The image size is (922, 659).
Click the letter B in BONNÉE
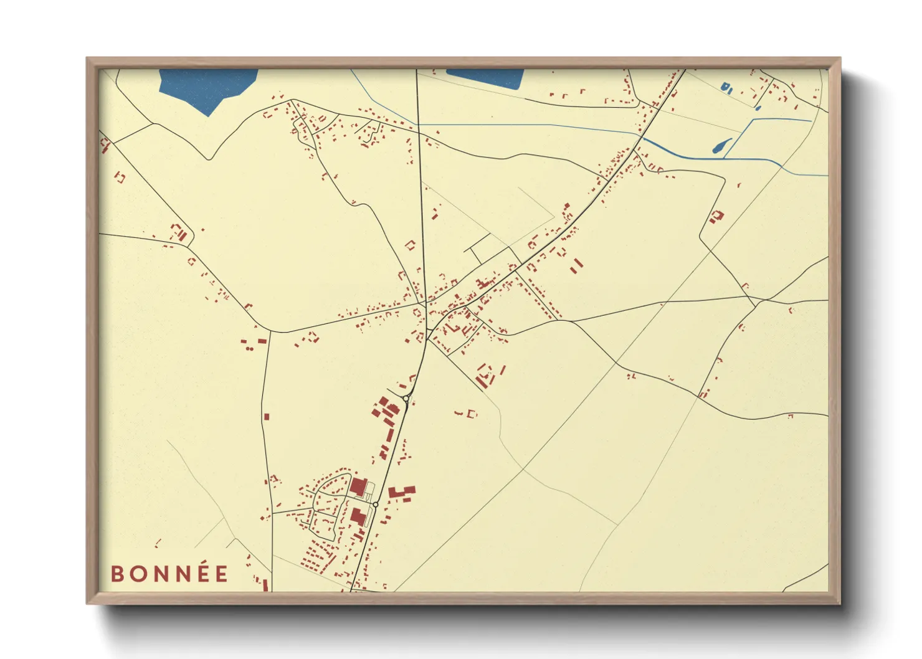(116, 574)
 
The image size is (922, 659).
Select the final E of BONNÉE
(222, 574)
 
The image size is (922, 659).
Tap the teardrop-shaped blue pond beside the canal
(720, 146)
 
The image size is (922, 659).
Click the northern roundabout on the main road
(406, 398)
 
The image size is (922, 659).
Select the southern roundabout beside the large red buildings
(376, 505)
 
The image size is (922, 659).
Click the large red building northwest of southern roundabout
(357, 486)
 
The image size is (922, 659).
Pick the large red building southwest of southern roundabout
(358, 516)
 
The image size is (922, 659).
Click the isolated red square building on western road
(267, 416)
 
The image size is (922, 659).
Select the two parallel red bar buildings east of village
(577, 264)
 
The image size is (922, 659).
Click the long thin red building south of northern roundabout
(390, 434)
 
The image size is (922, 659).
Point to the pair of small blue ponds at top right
(726, 88)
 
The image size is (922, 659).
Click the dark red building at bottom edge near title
(265, 585)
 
